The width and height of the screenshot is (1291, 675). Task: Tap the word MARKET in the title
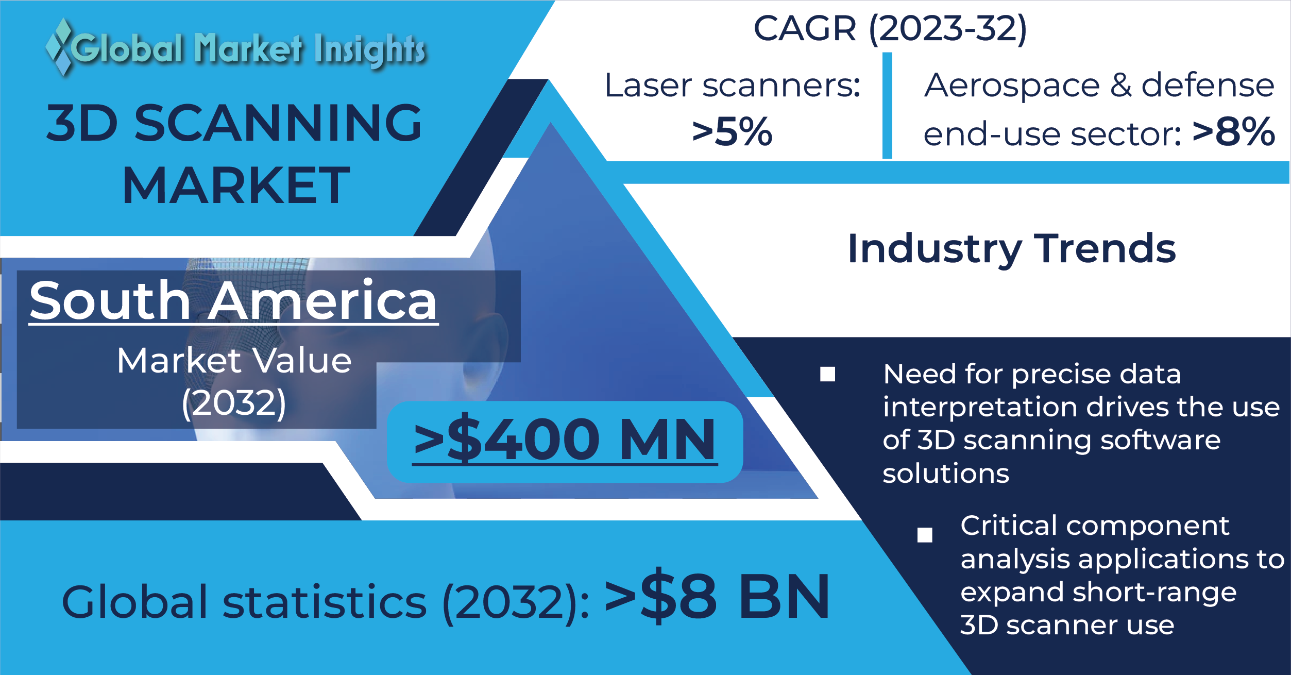coord(236,185)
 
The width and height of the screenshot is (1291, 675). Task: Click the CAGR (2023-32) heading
coord(890,28)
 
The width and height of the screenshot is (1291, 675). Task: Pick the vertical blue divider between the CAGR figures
coord(887,105)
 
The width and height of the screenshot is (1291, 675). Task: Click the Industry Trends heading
coord(1012,249)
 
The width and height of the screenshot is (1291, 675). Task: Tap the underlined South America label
coord(233,301)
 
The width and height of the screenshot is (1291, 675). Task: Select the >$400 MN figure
coord(565,439)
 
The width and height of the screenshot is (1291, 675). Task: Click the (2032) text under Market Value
coord(234,402)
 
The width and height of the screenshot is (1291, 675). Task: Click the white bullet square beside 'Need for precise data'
coord(827,374)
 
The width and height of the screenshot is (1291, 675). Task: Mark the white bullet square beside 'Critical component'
coord(925,535)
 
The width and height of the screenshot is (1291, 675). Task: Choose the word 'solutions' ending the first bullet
coord(946,474)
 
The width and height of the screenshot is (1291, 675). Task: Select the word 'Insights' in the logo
coord(370,50)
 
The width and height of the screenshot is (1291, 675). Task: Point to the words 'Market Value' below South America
coord(234,360)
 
